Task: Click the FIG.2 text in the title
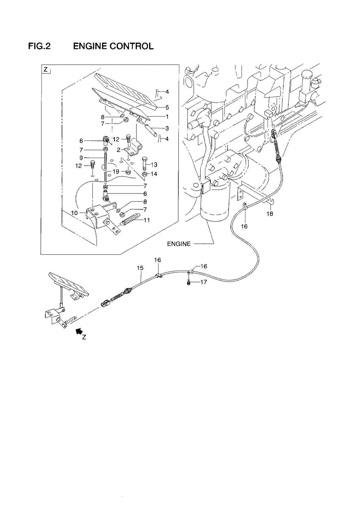[x=39, y=46]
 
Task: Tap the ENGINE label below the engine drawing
[x=179, y=244]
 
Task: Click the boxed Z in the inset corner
[x=46, y=70]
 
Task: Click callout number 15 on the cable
[x=140, y=268]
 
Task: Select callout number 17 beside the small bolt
[x=203, y=282]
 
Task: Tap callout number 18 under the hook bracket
[x=270, y=214]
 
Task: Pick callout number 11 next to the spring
[x=147, y=220]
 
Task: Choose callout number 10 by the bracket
[x=74, y=213]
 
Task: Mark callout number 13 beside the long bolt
[x=154, y=164]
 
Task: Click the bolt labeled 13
[x=144, y=164]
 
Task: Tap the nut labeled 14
[x=144, y=174]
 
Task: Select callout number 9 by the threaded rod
[x=81, y=158]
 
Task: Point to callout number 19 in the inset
[x=116, y=172]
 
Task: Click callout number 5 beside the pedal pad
[x=167, y=107]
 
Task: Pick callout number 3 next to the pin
[x=167, y=128]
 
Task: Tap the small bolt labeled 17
[x=189, y=282]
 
